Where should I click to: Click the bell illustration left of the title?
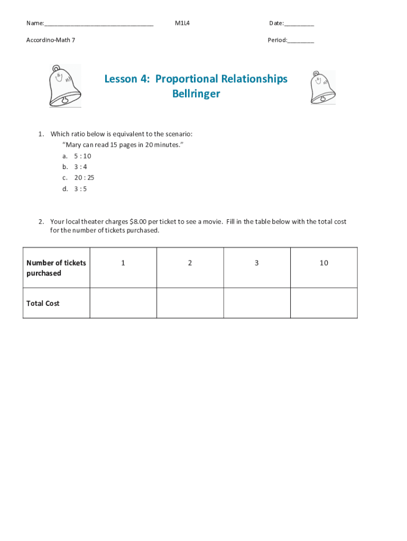pos(64,86)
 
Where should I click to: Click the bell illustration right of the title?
pos(322,88)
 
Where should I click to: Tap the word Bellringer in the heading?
pos(196,94)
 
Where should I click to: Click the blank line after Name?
pos(99,24)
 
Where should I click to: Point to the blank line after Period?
pos(301,40)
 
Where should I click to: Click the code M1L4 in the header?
pos(182,23)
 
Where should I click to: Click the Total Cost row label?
pos(43,303)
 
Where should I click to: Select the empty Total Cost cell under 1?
pos(123,303)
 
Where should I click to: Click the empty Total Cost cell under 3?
pos(257,303)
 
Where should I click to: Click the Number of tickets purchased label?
pos(56,268)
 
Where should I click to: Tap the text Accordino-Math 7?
pos(51,40)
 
